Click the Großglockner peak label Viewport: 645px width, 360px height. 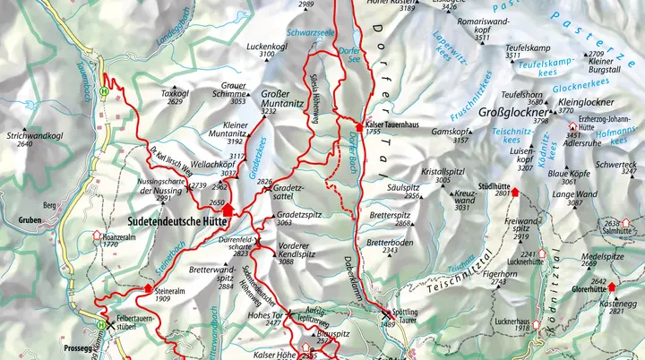(513, 114)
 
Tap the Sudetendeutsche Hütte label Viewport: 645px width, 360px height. (166, 218)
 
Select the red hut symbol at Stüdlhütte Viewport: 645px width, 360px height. (515, 192)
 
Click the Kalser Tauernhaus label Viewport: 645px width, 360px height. (395, 123)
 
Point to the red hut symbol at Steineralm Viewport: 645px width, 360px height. (149, 287)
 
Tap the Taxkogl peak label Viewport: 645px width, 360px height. (175, 92)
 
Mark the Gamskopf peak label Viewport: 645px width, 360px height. (449, 131)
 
